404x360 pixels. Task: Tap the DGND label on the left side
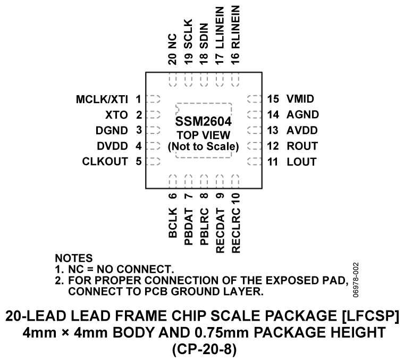113,130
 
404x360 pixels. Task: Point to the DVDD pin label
114,146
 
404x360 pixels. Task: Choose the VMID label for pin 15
300,99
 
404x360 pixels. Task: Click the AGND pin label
301,114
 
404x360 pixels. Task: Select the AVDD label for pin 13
301,130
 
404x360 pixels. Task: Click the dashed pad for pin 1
154,99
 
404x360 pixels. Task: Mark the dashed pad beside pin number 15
255,99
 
